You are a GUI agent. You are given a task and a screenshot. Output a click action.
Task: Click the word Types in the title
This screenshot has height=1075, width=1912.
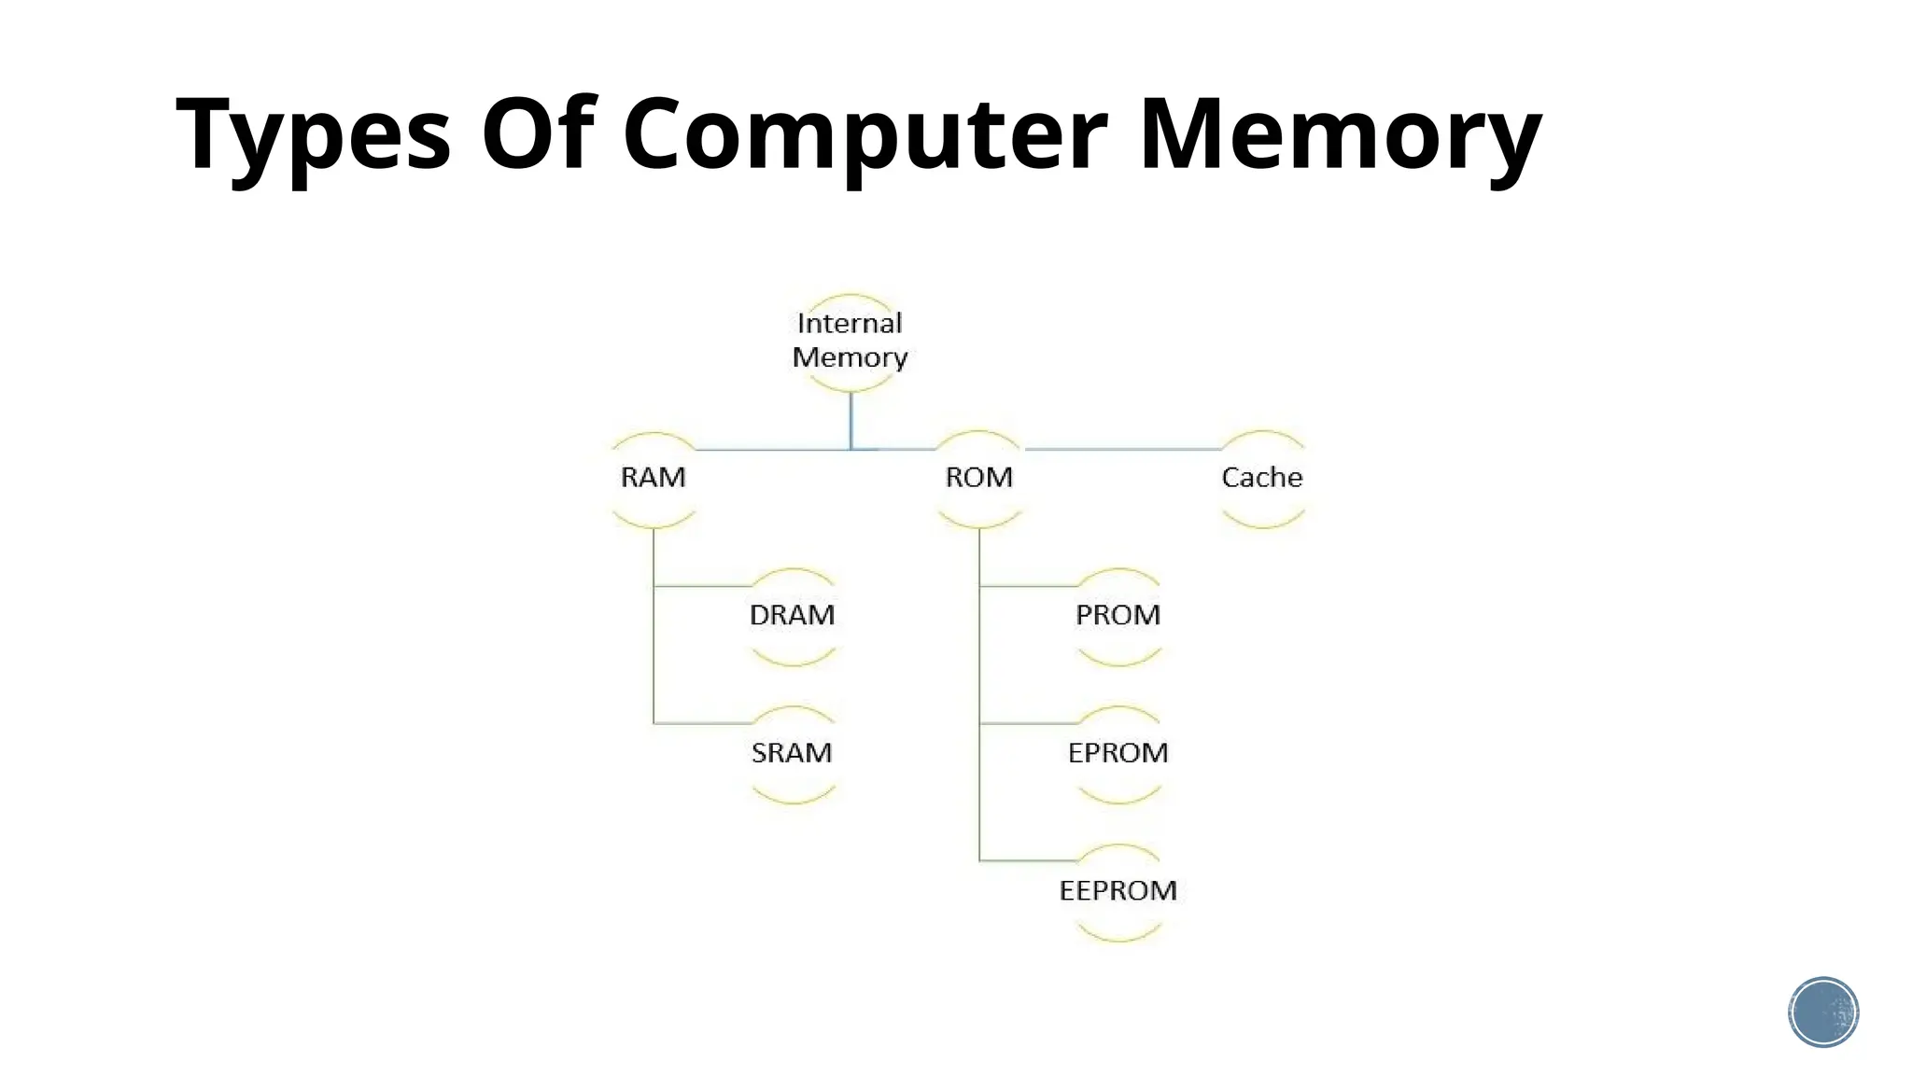[x=313, y=135]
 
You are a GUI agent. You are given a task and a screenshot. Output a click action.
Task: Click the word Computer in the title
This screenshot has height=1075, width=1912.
[x=865, y=135]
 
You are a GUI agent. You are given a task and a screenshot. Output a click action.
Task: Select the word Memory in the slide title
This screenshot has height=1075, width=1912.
[x=1340, y=135]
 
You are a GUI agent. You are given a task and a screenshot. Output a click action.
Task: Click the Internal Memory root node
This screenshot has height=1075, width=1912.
[x=850, y=341]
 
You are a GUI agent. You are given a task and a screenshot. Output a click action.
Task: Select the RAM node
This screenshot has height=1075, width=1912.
[x=654, y=478]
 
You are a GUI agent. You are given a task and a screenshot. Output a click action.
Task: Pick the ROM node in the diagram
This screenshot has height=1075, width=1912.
[x=978, y=478]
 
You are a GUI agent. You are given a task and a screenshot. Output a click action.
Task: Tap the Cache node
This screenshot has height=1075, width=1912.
[x=1261, y=478]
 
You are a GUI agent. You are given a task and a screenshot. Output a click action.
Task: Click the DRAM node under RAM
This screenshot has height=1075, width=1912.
[x=792, y=615]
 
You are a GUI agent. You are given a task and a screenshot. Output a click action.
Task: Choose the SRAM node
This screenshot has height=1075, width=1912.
[x=792, y=753]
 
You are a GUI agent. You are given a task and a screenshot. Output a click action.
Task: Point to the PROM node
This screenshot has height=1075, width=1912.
[x=1118, y=615]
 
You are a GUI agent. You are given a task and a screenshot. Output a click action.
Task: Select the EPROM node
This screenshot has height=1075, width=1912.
[x=1118, y=753]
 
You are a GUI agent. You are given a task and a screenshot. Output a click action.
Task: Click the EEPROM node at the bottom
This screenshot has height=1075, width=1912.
[x=1118, y=890]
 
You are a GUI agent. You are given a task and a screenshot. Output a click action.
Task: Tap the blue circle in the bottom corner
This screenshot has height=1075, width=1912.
[x=1823, y=1012]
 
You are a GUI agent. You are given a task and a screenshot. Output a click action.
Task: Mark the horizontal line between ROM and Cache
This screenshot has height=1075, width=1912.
[x=1120, y=449]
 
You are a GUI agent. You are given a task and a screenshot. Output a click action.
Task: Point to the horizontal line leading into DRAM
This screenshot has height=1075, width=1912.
[x=702, y=586]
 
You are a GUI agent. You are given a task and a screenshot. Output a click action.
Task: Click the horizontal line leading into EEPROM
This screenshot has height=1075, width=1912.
[x=1027, y=860]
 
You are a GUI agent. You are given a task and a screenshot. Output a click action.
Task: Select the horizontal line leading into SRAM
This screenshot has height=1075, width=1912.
[x=702, y=723]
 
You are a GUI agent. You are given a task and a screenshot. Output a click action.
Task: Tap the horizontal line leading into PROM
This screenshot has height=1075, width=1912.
[x=1027, y=586]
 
